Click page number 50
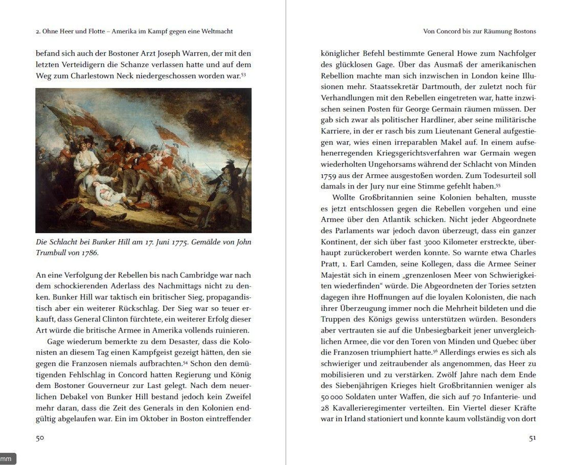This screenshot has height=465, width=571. pos(40,438)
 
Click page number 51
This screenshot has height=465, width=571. pos(532,438)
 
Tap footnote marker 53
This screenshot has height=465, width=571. pos(243,75)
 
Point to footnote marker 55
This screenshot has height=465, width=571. pos(498,185)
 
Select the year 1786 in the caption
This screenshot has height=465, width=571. pos(90,253)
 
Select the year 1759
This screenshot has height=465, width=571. pos(328,176)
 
